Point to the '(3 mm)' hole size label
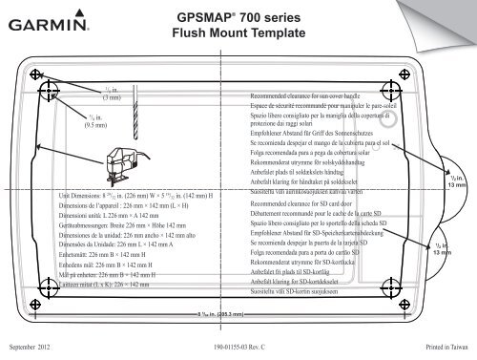click(x=111, y=97)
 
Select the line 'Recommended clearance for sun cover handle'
click(x=307, y=96)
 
